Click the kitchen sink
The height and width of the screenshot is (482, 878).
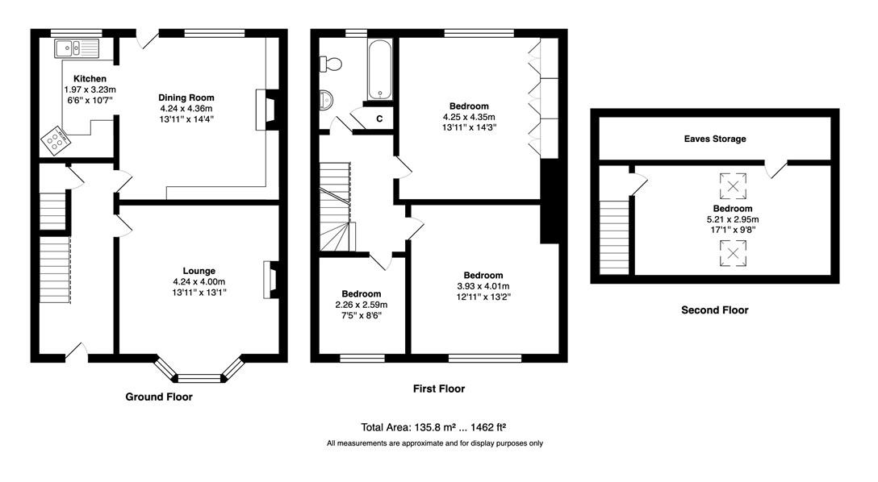click(x=77, y=48)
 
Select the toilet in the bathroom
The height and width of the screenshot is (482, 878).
click(x=330, y=64)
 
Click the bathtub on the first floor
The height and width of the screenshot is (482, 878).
click(x=380, y=70)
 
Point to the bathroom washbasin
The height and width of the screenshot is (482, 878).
click(x=326, y=100)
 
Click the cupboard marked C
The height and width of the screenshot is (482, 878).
click(x=378, y=118)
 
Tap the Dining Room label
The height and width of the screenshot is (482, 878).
click(x=186, y=98)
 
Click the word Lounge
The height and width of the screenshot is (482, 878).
click(x=199, y=271)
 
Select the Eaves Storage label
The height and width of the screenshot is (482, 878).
click(x=715, y=139)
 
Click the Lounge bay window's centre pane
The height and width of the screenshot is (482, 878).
click(x=199, y=377)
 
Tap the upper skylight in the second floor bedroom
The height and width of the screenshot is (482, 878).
click(x=733, y=186)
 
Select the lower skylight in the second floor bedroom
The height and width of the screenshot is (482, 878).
click(x=733, y=253)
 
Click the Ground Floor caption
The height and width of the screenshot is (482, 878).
click(x=159, y=397)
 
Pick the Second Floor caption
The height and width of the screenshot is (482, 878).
click(x=714, y=310)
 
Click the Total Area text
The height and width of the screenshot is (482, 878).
click(x=433, y=428)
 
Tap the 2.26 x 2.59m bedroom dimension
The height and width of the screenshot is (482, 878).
click(x=362, y=305)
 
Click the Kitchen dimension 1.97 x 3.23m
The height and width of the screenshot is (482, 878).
click(x=90, y=89)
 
